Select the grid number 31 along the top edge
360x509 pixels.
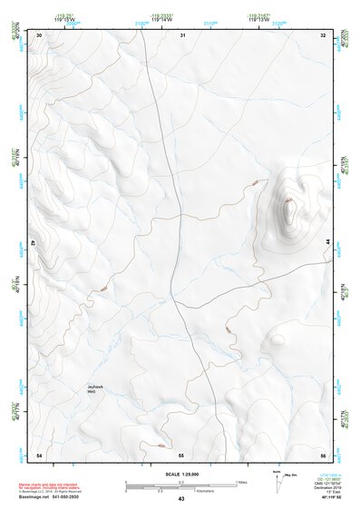coord(182,35)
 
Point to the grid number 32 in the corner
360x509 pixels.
coord(323,35)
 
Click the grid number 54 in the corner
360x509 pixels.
coord(39,454)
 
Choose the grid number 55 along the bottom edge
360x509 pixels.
coord(181,454)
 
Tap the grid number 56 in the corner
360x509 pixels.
coord(323,454)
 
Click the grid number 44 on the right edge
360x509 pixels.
coord(326,242)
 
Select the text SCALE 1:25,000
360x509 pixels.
coord(180,475)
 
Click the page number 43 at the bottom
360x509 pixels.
coord(181,499)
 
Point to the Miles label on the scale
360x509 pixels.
coord(241,481)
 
